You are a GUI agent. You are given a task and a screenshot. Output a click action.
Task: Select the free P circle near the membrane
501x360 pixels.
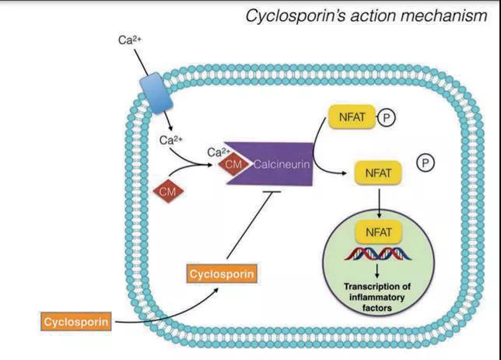click(425, 163)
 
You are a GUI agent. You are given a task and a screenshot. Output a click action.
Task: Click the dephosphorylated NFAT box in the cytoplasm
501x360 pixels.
click(377, 172)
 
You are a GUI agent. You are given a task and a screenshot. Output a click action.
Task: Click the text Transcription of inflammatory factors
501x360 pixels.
click(377, 296)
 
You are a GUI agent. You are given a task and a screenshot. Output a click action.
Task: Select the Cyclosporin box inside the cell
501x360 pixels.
click(222, 274)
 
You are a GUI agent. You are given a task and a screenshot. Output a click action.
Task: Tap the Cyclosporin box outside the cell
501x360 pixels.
click(74, 320)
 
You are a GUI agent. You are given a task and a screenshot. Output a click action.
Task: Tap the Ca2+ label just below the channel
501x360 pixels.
click(170, 140)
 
